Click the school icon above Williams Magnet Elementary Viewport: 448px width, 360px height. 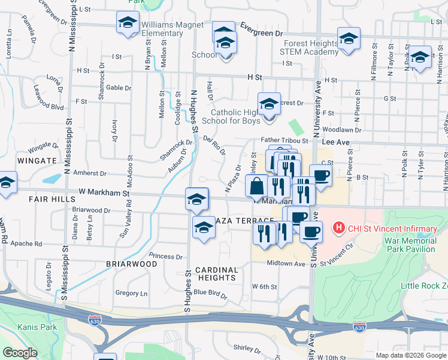coord(127,23)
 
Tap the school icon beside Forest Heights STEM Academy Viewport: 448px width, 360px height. coord(349,38)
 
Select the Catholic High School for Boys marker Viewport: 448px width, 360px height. coord(269,104)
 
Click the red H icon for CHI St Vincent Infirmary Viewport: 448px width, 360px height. coord(339,227)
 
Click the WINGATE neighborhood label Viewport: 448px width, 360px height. coord(21,161)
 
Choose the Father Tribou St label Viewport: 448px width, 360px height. coord(284,140)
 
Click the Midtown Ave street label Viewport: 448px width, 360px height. coord(286,263)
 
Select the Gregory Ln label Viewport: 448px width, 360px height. coord(131,293)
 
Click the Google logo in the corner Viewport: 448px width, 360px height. coord(20,353)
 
